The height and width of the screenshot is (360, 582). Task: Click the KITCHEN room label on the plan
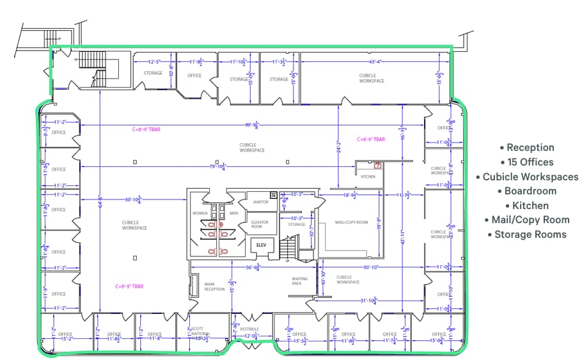click(x=368, y=176)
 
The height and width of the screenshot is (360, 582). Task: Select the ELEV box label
click(x=261, y=244)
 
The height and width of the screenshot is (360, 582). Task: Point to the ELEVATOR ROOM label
click(x=257, y=224)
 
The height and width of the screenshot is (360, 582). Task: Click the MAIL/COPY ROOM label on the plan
click(x=352, y=222)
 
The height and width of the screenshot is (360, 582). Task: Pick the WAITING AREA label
click(x=299, y=281)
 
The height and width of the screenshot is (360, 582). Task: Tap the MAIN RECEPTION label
click(x=214, y=286)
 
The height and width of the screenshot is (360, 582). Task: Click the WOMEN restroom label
click(x=200, y=213)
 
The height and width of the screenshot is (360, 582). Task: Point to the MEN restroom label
click(x=233, y=213)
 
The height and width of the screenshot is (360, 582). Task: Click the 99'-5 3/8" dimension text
click(x=255, y=126)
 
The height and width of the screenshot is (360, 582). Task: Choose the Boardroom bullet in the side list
click(x=530, y=191)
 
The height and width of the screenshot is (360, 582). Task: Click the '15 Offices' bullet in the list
click(x=527, y=162)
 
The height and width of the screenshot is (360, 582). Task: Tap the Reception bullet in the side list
click(x=527, y=148)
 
